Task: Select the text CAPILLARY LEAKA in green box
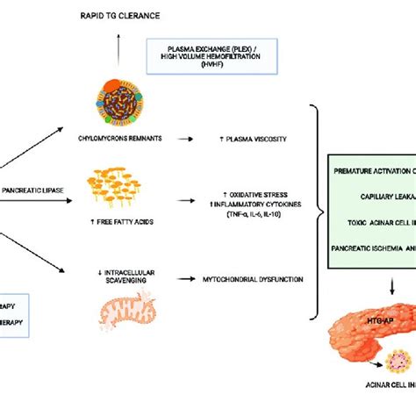[380, 198]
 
